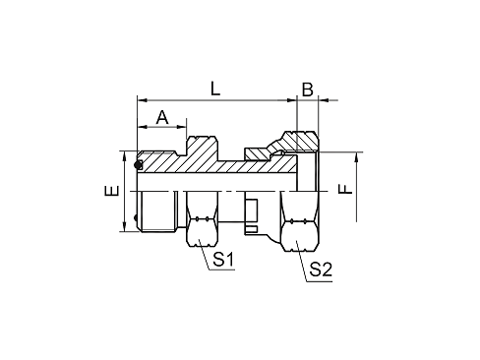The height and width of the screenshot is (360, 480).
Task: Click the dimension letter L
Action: (215, 89)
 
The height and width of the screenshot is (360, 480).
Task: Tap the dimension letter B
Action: (307, 90)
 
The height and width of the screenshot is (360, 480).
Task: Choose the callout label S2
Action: (320, 270)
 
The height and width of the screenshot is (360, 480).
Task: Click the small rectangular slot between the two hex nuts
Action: (251, 209)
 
